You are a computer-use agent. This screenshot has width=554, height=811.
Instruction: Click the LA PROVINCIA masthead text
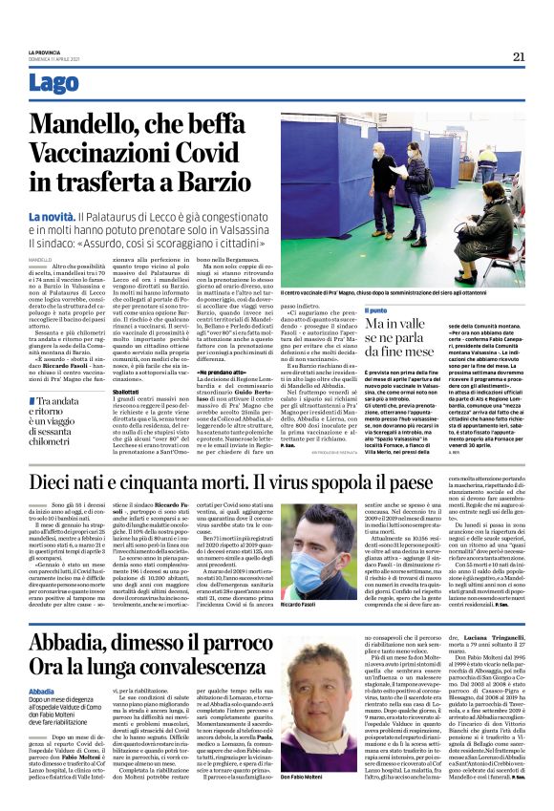[44, 52]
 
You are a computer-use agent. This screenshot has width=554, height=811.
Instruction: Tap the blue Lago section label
[54, 83]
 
